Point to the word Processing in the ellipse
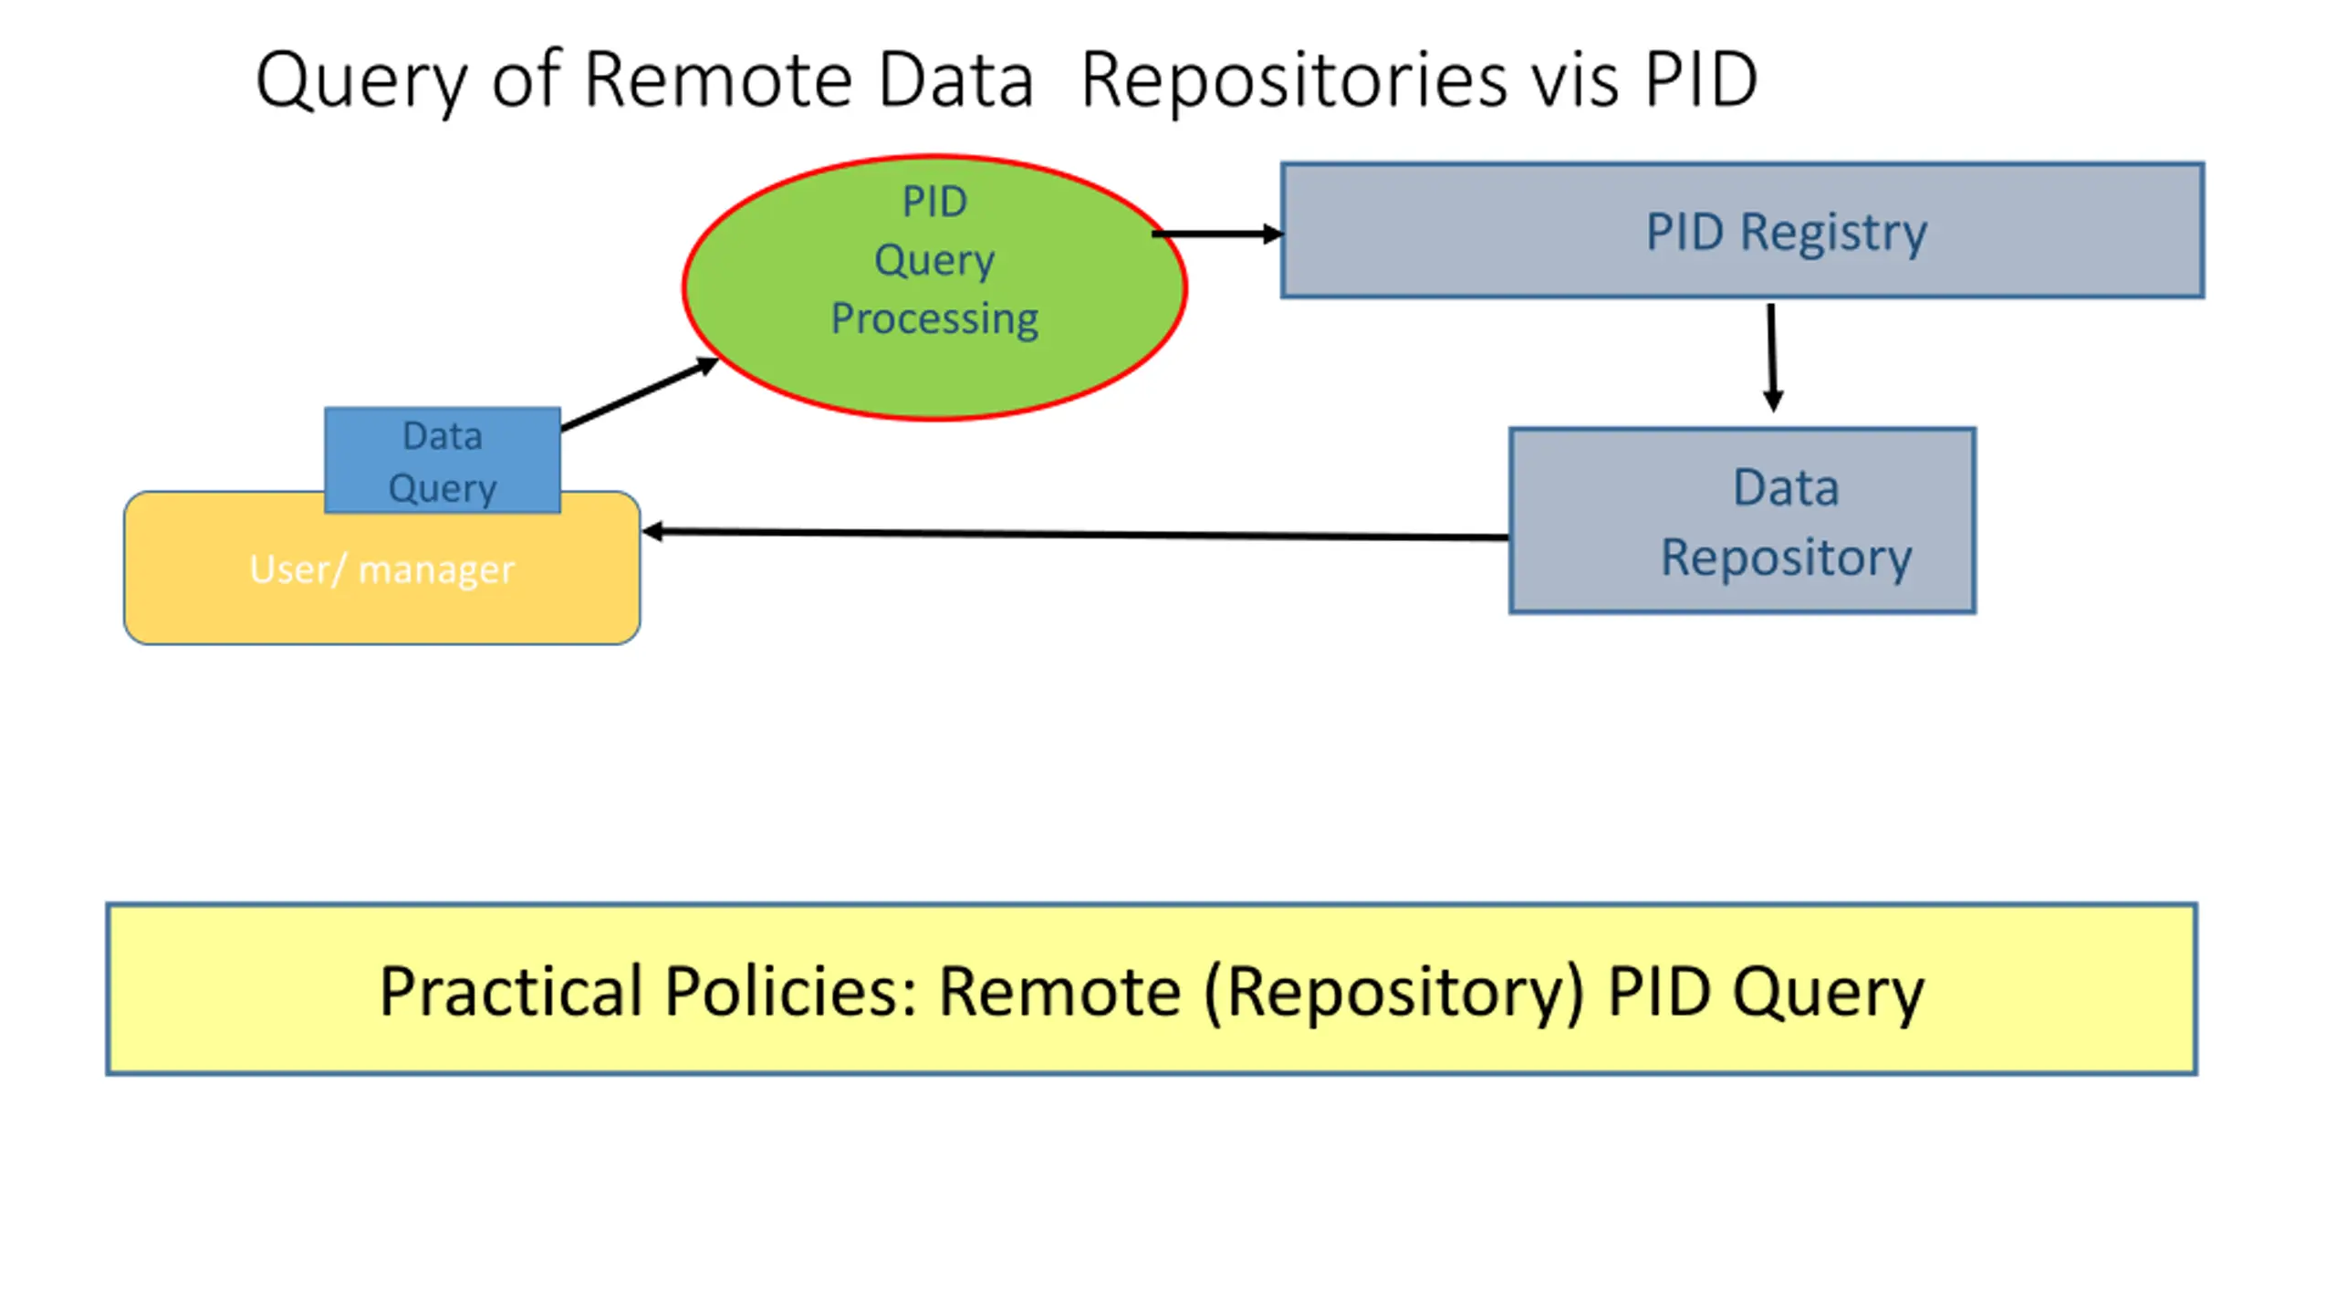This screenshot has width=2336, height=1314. pos(934,319)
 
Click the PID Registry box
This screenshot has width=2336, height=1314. pos(1742,231)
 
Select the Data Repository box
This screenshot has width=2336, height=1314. pos(1742,520)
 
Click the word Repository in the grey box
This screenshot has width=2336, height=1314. pos(1786,558)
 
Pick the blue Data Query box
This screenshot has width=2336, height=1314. pos(443,461)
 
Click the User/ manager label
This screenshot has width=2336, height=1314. pos(382,569)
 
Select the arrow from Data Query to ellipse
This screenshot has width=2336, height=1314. pos(640,394)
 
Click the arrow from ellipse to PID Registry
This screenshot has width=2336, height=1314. pos(1217,235)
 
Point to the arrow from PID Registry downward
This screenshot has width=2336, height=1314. pos(1772,358)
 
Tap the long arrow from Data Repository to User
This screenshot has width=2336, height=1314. pos(1076,535)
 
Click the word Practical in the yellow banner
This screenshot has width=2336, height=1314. pos(512,992)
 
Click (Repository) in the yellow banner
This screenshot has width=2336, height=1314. pos(1394,994)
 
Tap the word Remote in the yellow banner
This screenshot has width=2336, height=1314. pos(1060,992)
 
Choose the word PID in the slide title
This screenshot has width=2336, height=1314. pos(1702,80)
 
